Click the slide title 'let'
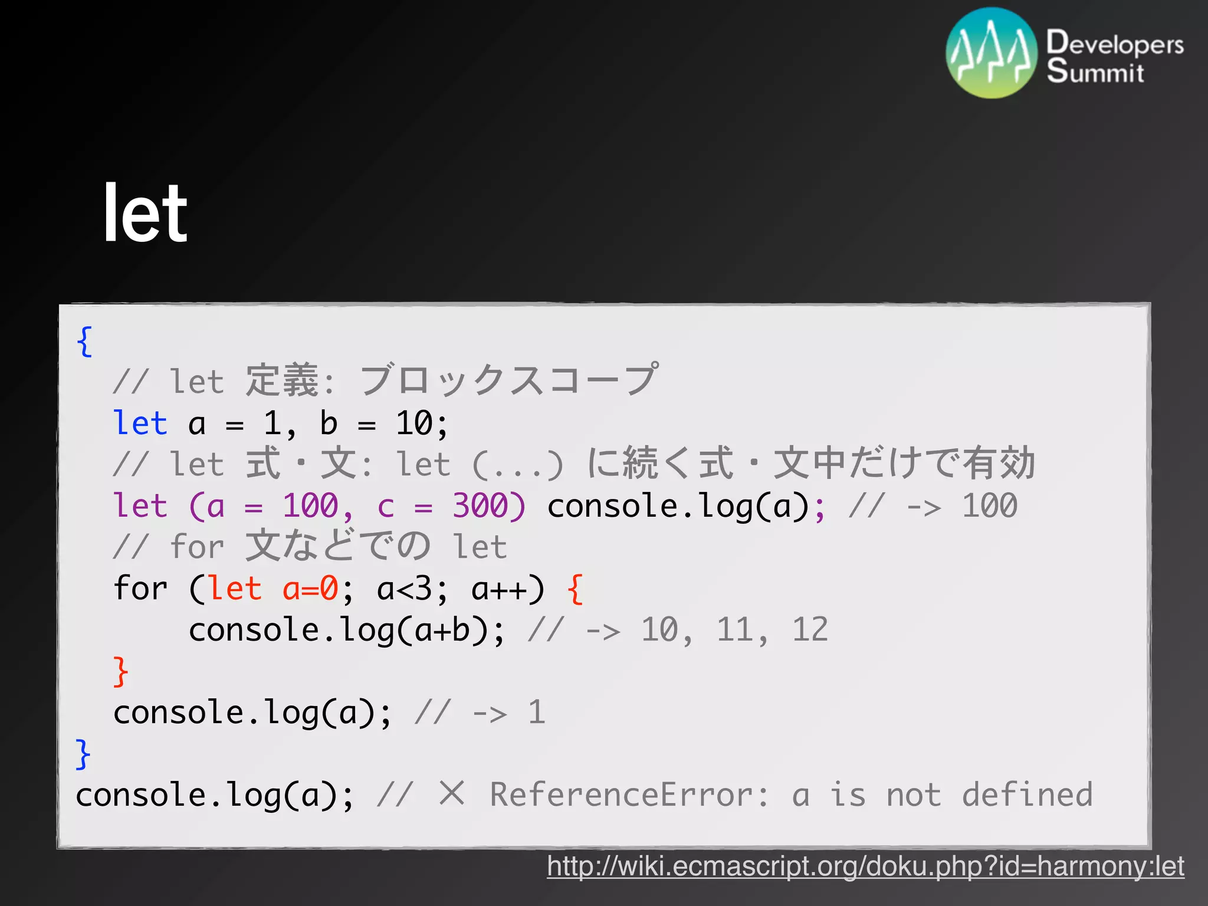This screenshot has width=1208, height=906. pyautogui.click(x=145, y=213)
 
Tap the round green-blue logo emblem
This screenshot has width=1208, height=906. pyautogui.click(x=991, y=52)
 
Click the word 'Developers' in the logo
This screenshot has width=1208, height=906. pyautogui.click(x=1114, y=43)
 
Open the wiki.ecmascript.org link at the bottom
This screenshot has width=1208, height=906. pyautogui.click(x=865, y=866)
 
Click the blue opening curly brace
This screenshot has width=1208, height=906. pyautogui.click(x=84, y=341)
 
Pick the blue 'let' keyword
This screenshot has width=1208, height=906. pyautogui.click(x=140, y=423)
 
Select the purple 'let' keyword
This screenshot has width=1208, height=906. pyautogui.click(x=140, y=505)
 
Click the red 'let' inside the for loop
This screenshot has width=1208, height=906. pyautogui.click(x=235, y=588)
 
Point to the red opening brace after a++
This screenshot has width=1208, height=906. pyautogui.click(x=575, y=589)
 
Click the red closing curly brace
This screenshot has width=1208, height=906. pyautogui.click(x=120, y=671)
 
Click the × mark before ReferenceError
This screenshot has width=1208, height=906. pyautogui.click(x=452, y=793)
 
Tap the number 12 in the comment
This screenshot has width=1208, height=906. pyautogui.click(x=809, y=629)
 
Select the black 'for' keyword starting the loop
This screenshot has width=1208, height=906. pyautogui.click(x=140, y=588)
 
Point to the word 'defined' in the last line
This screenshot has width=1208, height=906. pyautogui.click(x=1027, y=795)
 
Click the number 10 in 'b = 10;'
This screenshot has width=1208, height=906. pyautogui.click(x=414, y=423)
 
